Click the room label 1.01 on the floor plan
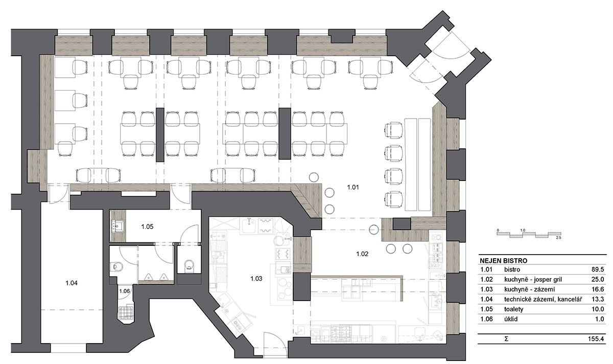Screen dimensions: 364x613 tap(353, 188)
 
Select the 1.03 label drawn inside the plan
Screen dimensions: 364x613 tap(256, 279)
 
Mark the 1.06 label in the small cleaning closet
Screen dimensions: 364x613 tap(124, 291)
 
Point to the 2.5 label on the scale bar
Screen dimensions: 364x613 tap(558, 238)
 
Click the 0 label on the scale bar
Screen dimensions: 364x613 tap(498, 231)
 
